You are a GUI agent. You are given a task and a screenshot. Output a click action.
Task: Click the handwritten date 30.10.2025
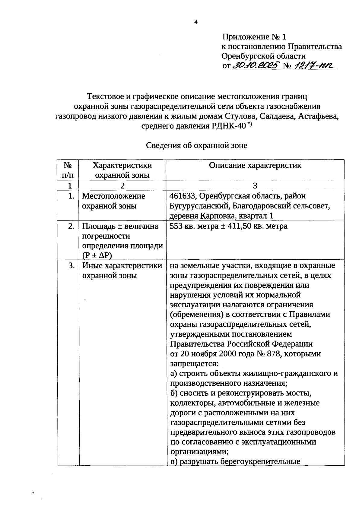[256, 66]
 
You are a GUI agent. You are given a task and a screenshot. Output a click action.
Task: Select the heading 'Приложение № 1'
[254, 37]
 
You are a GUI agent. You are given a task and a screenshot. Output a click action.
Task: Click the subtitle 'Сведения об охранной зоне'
[196, 146]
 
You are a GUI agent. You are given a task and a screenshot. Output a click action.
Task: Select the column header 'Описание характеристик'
[255, 165]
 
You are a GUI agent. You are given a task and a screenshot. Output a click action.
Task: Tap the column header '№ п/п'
[68, 170]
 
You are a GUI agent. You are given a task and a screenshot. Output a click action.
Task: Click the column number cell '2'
[122, 185]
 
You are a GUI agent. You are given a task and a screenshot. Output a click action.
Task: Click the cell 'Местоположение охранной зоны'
[113, 201]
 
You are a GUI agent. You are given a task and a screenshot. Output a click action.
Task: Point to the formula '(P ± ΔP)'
[97, 255]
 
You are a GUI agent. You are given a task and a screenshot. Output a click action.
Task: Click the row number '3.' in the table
[71, 266]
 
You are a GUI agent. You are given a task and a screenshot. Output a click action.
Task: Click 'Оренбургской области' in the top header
[263, 56]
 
